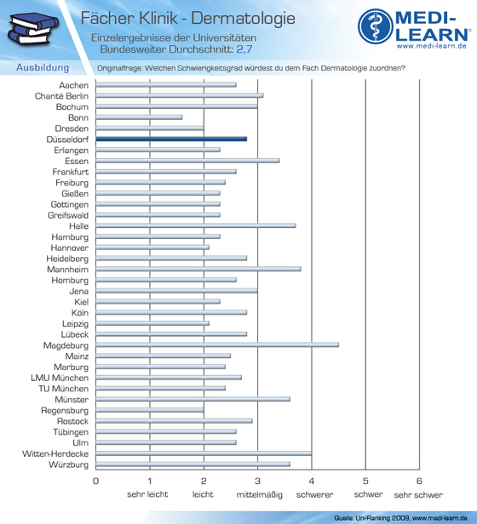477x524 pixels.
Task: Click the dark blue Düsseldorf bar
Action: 171,139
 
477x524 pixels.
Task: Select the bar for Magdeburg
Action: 217,345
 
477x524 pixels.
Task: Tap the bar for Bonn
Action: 139,117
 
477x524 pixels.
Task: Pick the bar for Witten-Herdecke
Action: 204,453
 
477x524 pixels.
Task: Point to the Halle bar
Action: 196,225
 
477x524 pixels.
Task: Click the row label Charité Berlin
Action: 61,96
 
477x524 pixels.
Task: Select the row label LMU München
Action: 60,378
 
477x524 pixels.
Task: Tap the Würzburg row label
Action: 69,464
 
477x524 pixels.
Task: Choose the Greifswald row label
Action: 68,215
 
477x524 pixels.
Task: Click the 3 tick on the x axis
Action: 257,481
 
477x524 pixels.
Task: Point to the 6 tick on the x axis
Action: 419,481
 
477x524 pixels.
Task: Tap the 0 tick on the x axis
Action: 95,481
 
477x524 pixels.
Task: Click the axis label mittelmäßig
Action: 260,494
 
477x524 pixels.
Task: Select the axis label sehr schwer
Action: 418,495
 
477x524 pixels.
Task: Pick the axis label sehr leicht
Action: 147,494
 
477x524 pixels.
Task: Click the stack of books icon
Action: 33,29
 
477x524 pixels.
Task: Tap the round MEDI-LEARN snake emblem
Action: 376,26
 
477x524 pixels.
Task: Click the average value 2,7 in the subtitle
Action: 244,49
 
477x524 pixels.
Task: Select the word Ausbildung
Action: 43,68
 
